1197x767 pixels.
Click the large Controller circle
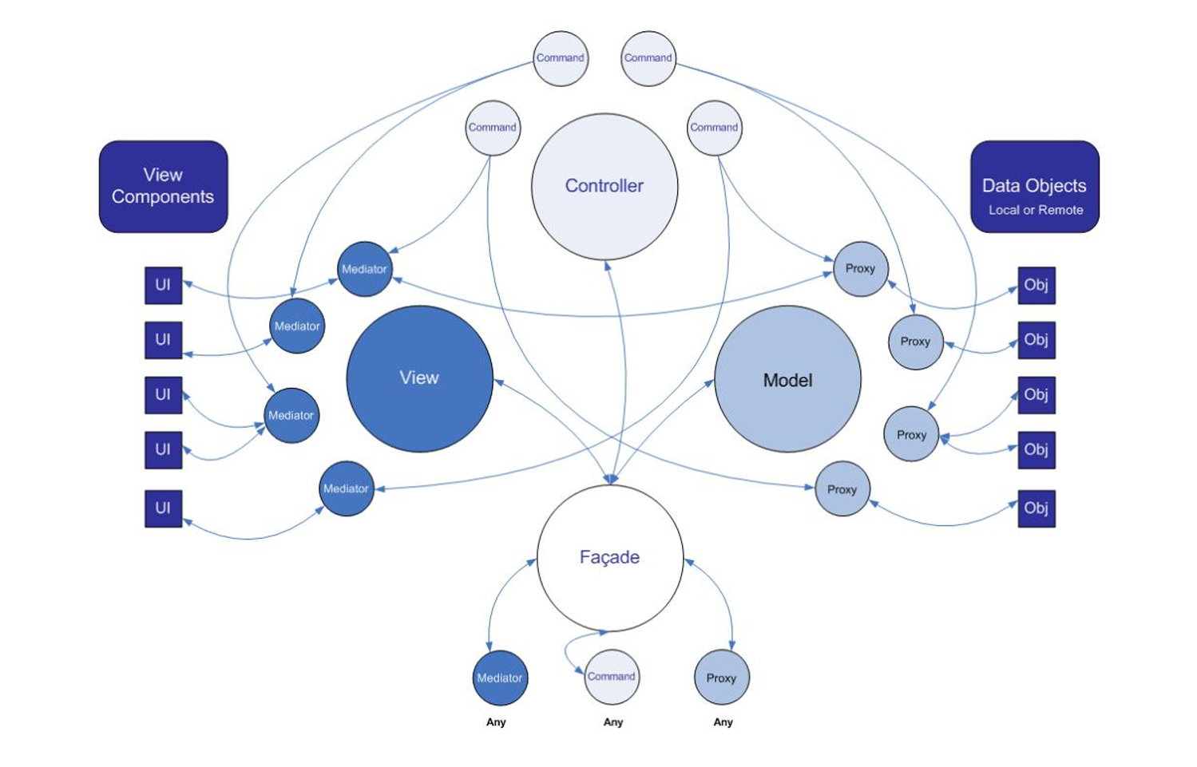pos(604,186)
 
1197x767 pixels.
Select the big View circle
pos(419,378)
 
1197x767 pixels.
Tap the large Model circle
pos(787,380)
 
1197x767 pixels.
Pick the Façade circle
pos(610,557)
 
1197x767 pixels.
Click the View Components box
pos(163,187)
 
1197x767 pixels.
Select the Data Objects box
pos(1034,187)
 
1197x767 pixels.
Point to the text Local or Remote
pos(1036,210)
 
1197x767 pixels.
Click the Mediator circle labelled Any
pos(500,678)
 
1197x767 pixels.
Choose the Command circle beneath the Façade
pos(612,677)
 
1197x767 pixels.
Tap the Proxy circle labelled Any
pos(721,678)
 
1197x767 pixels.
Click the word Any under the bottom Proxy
pos(723,722)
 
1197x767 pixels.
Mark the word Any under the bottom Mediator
pos(496,722)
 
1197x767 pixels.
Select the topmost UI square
pos(163,285)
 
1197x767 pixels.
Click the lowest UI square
pos(163,508)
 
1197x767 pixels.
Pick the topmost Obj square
pos(1036,285)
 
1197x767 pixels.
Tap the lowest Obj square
pos(1036,508)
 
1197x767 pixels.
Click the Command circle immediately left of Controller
pos(493,128)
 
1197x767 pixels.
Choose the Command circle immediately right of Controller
pos(714,128)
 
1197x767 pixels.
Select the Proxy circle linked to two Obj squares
pos(911,434)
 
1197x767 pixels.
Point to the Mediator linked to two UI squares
pos(291,415)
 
